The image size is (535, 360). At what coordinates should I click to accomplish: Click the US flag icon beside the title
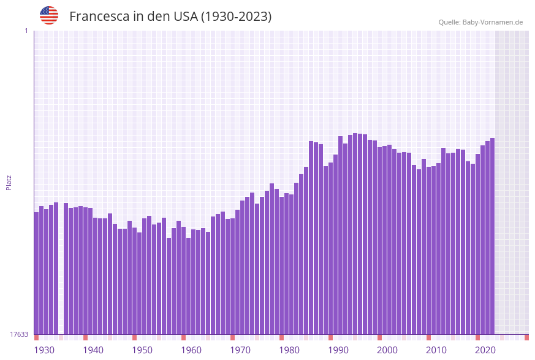(x=49, y=15)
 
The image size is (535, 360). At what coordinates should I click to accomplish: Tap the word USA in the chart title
(x=186, y=17)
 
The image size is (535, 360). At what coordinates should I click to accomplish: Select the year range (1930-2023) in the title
(x=236, y=17)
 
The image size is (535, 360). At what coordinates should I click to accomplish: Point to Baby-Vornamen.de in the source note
(x=493, y=22)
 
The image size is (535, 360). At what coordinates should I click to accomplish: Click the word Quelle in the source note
(x=449, y=22)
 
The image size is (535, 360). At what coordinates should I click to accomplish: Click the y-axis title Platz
(x=9, y=182)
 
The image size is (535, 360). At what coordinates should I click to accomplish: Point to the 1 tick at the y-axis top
(x=26, y=31)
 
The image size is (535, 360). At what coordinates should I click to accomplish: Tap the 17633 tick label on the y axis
(x=19, y=334)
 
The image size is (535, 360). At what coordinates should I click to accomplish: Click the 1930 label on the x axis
(x=44, y=350)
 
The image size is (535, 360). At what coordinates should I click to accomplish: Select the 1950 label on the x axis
(x=142, y=350)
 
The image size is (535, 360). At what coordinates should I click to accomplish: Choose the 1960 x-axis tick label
(x=191, y=350)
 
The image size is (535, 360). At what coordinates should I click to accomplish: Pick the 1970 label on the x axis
(x=240, y=350)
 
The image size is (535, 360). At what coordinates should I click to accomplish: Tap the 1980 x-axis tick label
(x=289, y=350)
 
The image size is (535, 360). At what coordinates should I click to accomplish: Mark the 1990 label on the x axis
(x=338, y=350)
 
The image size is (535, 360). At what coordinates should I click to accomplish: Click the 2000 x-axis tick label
(x=387, y=350)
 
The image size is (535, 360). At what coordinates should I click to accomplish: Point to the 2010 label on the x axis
(x=436, y=350)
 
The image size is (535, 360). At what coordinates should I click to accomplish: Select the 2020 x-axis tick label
(x=485, y=350)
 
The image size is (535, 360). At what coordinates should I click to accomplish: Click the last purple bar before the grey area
(x=492, y=236)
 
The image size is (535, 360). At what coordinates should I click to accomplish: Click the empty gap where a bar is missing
(x=61, y=270)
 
